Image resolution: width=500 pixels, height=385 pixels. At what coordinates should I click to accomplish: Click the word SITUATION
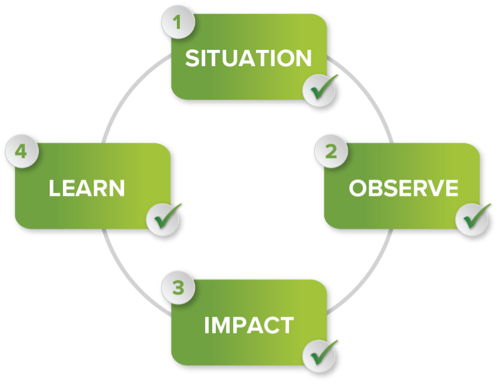point(248,58)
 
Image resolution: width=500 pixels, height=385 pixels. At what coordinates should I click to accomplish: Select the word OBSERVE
point(403,188)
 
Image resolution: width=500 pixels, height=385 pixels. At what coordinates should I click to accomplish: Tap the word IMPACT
point(248,325)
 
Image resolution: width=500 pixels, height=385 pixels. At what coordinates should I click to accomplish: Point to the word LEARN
point(87,188)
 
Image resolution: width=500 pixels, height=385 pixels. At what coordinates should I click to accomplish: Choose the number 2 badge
point(330,153)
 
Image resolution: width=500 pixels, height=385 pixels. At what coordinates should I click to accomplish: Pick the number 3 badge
point(177,288)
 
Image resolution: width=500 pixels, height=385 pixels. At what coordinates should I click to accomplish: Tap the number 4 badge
point(22,153)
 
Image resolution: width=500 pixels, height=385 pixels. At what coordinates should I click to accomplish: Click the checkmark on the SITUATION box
point(319,90)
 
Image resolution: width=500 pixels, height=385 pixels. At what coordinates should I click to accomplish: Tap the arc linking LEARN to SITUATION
point(129,96)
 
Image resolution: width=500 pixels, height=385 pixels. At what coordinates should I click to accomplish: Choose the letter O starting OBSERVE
point(358,188)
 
